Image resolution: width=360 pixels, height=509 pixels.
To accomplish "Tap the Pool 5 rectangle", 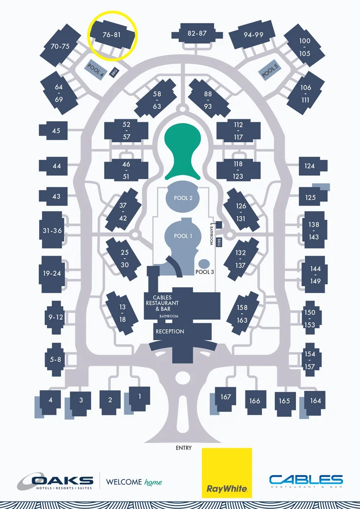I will click(270, 71).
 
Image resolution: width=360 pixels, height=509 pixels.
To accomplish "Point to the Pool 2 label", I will click(183, 198).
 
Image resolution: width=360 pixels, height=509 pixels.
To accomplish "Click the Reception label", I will click(170, 331).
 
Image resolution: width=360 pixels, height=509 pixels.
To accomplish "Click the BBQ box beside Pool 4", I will click(114, 73).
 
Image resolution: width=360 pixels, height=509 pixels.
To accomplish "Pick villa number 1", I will click(139, 396).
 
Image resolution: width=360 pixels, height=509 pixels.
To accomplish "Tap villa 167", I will click(226, 397).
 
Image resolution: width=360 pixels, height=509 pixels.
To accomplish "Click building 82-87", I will click(197, 33).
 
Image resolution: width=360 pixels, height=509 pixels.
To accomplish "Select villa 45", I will click(57, 131).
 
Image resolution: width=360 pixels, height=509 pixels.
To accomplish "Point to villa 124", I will click(310, 166).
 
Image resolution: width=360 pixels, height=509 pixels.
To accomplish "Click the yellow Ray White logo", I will click(227, 472).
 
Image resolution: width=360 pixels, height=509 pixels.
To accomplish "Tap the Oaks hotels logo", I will click(56, 482).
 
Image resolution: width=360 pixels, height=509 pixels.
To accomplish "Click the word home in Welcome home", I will click(153, 482).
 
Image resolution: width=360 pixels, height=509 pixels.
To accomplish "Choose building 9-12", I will click(56, 317).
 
